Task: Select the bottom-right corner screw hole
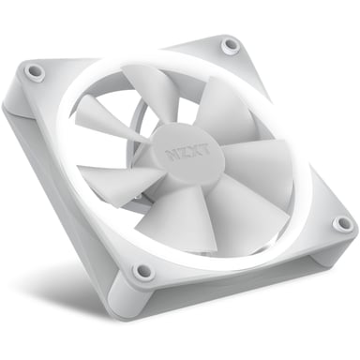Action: [x=344, y=225]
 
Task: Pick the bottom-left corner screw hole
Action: [x=142, y=272]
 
